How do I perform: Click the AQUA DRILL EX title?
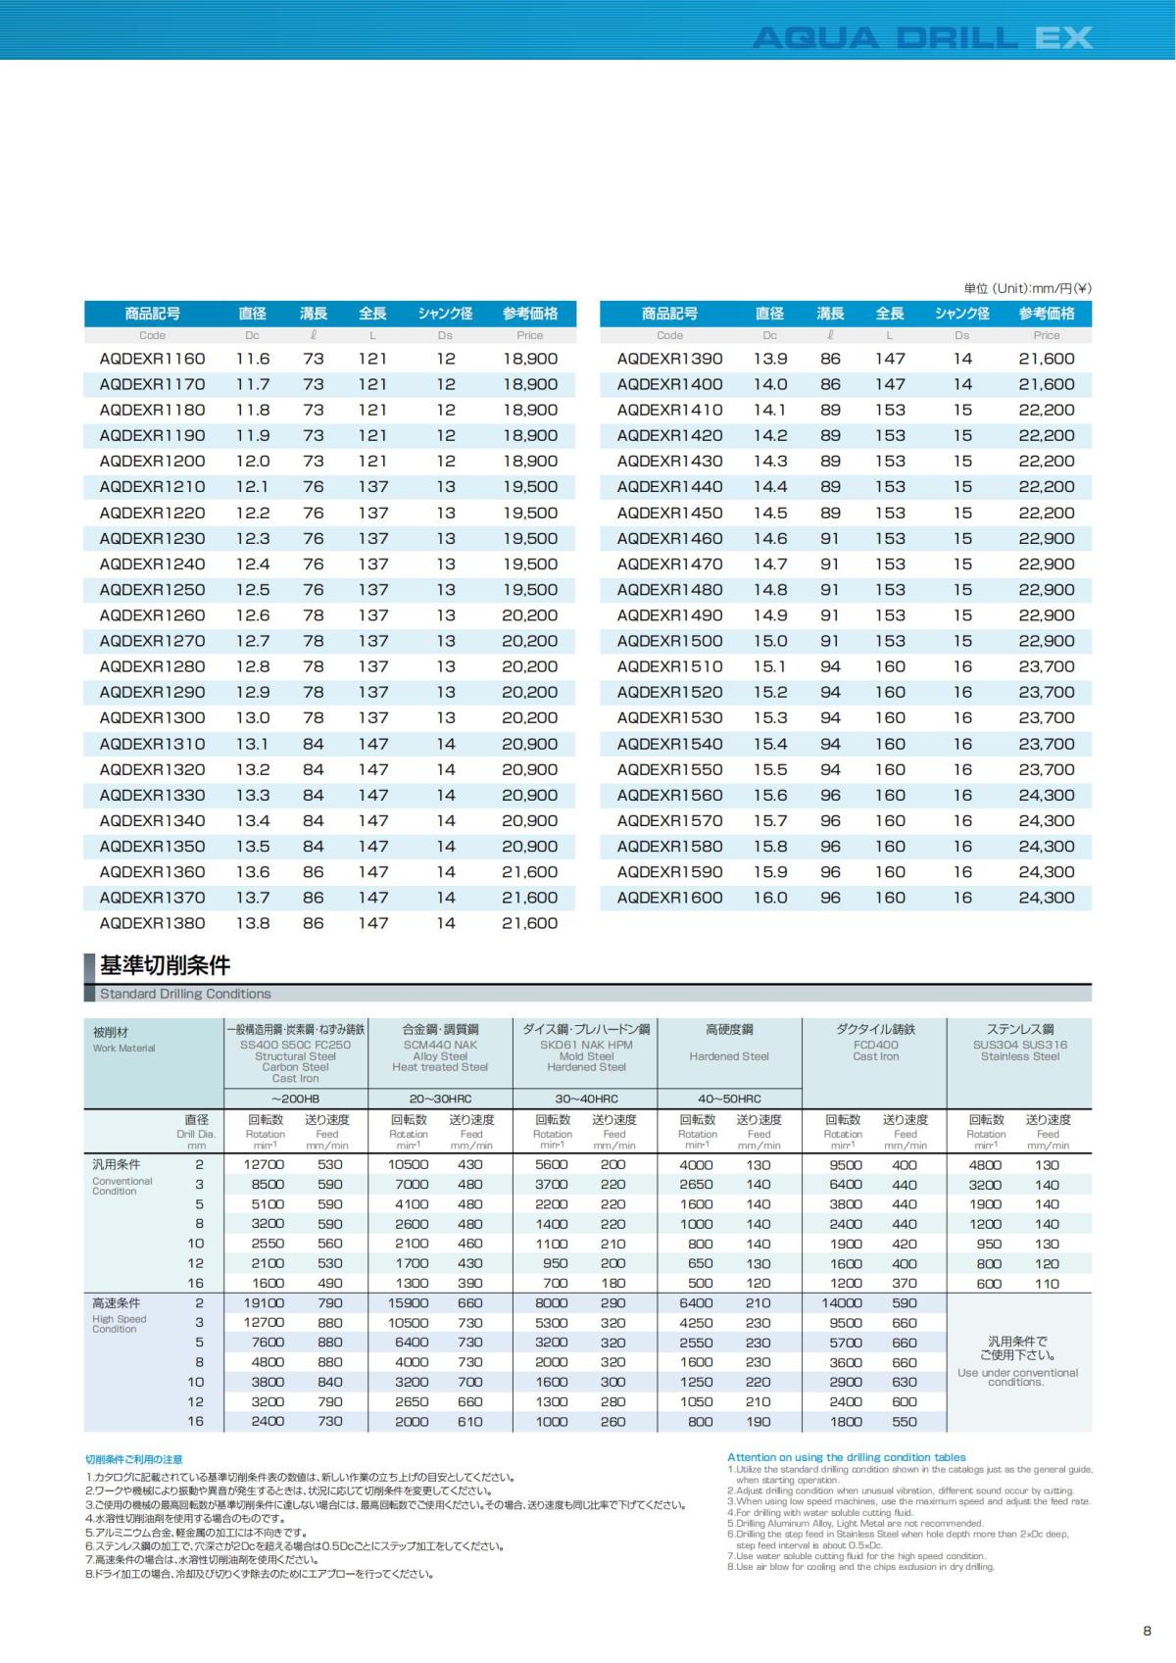pyautogui.click(x=921, y=38)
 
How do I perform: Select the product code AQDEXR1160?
pyautogui.click(x=152, y=359)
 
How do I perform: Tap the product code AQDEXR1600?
pyautogui.click(x=669, y=898)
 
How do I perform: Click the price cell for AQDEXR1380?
pyautogui.click(x=529, y=923)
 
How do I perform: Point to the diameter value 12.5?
pyautogui.click(x=253, y=590)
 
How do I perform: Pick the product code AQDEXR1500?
pyautogui.click(x=669, y=641)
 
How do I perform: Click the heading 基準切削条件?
pyautogui.click(x=165, y=965)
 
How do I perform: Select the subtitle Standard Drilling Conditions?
pyautogui.click(x=185, y=994)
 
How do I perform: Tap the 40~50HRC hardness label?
pyautogui.click(x=729, y=1099)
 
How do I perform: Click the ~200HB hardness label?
pyautogui.click(x=296, y=1099)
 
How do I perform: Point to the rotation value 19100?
pyautogui.click(x=264, y=1303)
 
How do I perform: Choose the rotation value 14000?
pyautogui.click(x=842, y=1303)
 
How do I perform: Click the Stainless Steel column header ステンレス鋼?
pyautogui.click(x=1020, y=1030)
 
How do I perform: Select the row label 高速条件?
pyautogui.click(x=117, y=1303)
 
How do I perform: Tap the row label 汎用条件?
pyautogui.click(x=117, y=1165)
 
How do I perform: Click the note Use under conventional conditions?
pyautogui.click(x=1017, y=1377)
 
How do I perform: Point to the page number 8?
pyautogui.click(x=1147, y=1631)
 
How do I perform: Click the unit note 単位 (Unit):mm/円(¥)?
pyautogui.click(x=1027, y=288)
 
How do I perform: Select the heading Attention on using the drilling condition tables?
pyautogui.click(x=846, y=1457)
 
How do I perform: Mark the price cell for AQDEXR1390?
pyautogui.click(x=1046, y=359)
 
